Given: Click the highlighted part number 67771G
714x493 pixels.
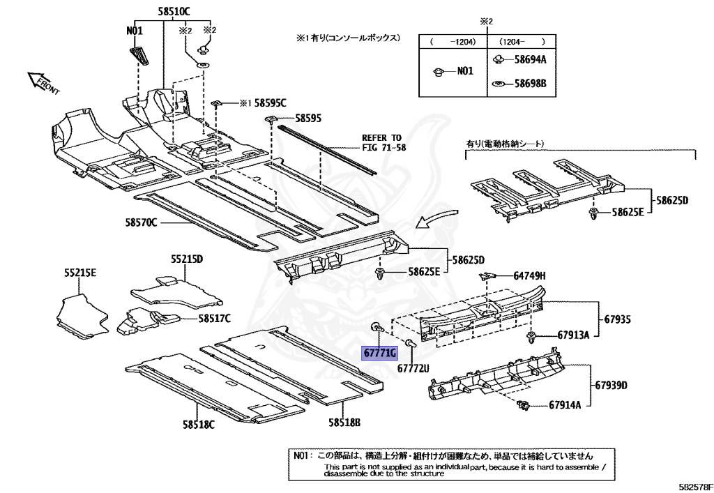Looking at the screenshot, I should [379, 353].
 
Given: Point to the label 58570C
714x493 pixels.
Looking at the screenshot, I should [142, 222].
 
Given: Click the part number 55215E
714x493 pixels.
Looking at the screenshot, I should [80, 273].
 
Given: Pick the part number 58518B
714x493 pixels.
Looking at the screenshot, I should [344, 423].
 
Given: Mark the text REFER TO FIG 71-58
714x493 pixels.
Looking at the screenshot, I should [383, 143].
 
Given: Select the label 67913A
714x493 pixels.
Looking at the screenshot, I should [573, 335].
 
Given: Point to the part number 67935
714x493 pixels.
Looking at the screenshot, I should [617, 319].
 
